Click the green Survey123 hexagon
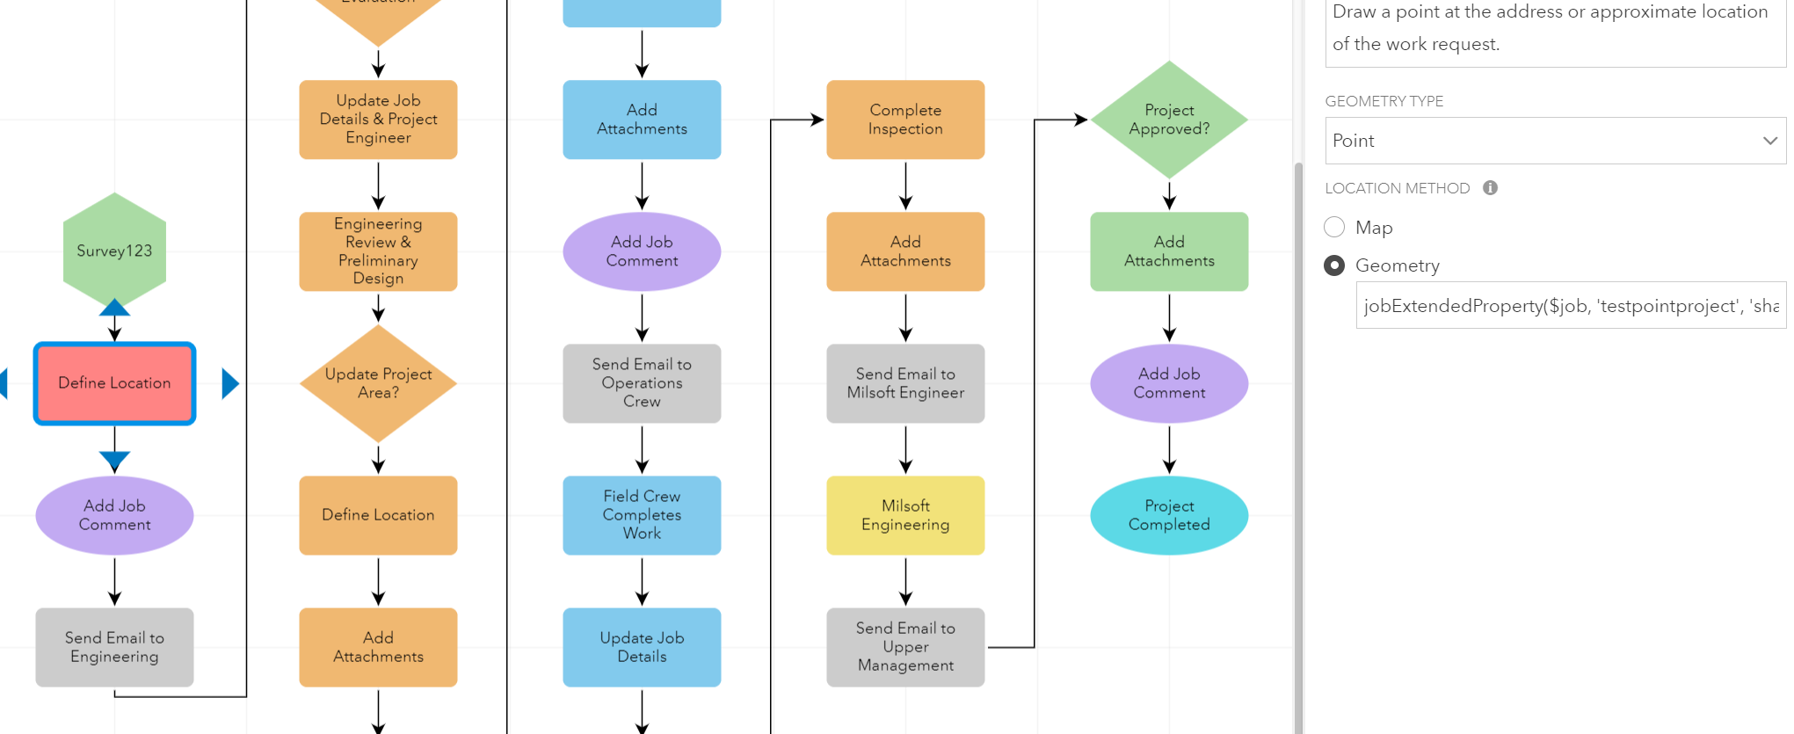pos(114,251)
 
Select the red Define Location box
pos(114,383)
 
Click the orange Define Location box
pos(378,515)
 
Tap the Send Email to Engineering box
pos(114,647)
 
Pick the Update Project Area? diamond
pos(378,383)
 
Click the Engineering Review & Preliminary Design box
pos(378,251)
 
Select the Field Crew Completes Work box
pos(642,515)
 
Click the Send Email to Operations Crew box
pos(642,383)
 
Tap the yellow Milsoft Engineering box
pos(905,515)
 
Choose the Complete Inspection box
pos(905,120)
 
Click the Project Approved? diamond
pos(1169,120)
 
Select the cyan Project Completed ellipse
pos(1169,515)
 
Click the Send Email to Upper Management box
pos(905,647)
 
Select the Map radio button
pos(1334,227)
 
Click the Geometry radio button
pos(1334,265)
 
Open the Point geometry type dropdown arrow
pos(1769,141)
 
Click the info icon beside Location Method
pos(1490,188)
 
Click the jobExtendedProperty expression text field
pos(1570,306)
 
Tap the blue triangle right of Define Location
pos(230,383)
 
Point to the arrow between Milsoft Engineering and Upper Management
pos(905,581)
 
